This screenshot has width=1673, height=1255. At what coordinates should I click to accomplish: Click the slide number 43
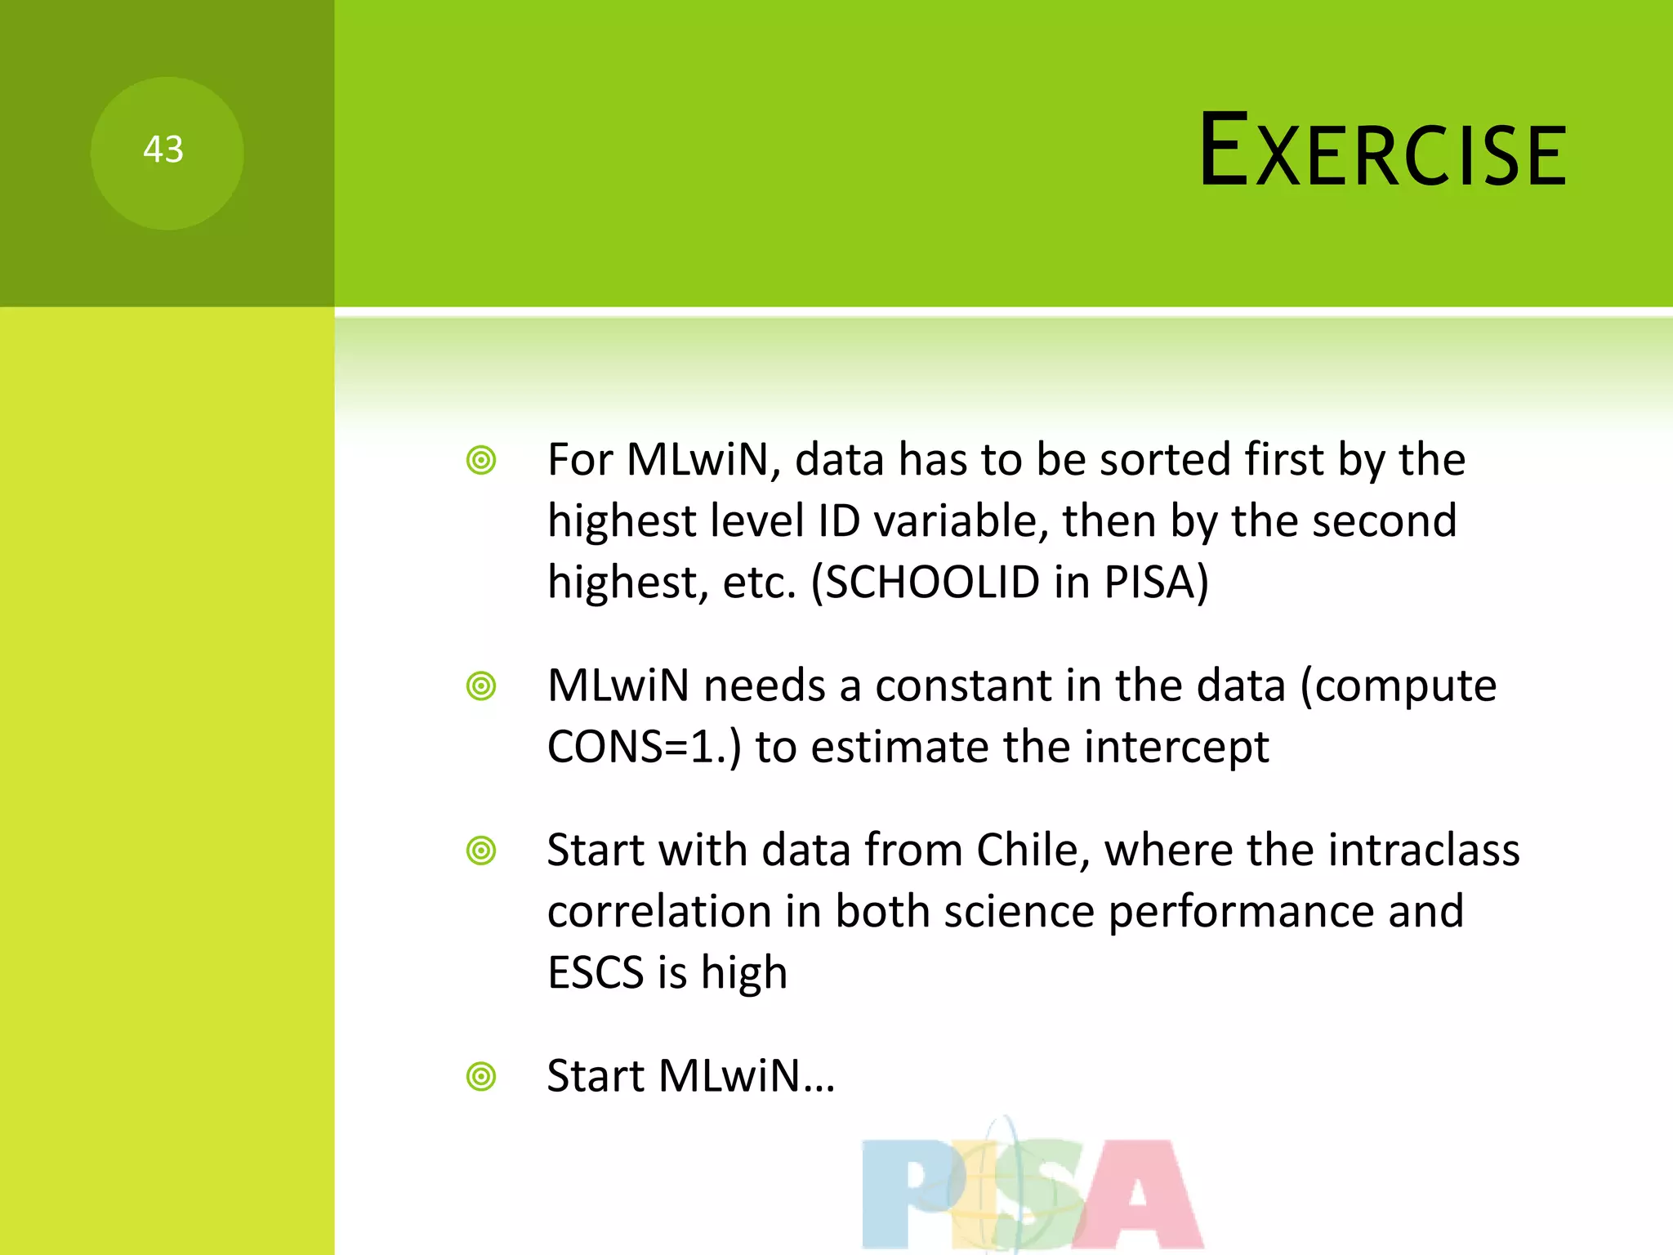[163, 150]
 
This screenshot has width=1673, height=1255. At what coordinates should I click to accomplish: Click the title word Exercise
[1382, 152]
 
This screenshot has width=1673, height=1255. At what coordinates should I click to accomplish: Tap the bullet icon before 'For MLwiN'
[481, 461]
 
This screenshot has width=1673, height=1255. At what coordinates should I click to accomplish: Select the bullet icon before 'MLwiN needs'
[481, 686]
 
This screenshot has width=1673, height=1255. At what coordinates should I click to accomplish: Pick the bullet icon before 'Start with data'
[481, 851]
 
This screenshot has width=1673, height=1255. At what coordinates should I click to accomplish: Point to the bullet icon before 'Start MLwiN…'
[481, 1077]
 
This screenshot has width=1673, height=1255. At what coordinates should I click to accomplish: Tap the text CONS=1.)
[644, 747]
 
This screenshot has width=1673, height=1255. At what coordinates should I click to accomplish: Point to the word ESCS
[596, 973]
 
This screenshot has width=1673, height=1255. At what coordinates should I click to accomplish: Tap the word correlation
[659, 911]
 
